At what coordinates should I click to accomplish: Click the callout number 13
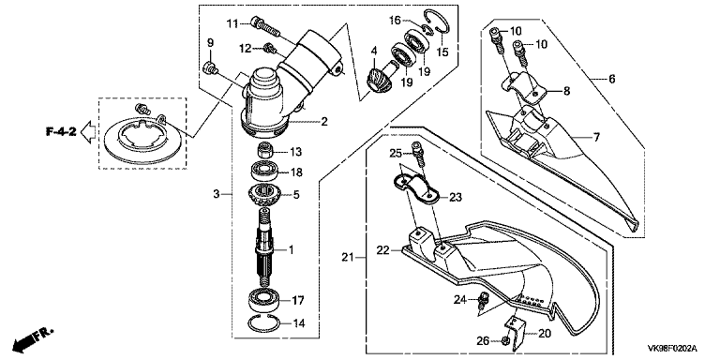296,152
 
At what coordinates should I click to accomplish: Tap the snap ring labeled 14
263,322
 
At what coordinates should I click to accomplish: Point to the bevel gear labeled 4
380,77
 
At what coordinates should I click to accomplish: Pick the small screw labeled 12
269,47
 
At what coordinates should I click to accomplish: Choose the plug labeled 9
210,67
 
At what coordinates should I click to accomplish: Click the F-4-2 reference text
60,132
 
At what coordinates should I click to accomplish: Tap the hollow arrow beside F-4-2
88,132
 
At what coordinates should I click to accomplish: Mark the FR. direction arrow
33,337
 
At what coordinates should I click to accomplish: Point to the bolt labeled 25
419,156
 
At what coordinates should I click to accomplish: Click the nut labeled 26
504,341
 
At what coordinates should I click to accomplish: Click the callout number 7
596,137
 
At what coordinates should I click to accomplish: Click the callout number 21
348,257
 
